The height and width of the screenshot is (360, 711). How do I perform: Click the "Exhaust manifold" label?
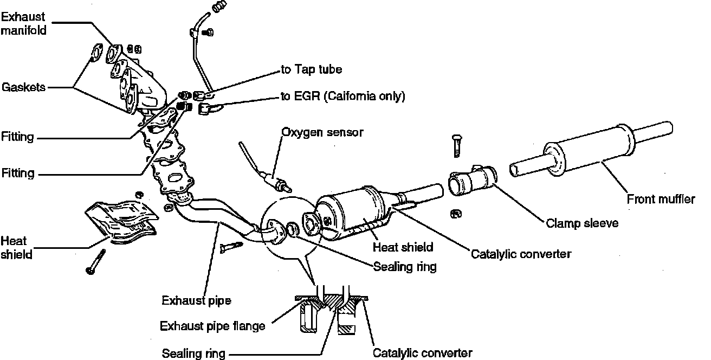pyautogui.click(x=23, y=23)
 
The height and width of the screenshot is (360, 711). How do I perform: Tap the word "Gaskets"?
pyautogui.click(x=23, y=87)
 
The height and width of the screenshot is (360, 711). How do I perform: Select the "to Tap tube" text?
pyautogui.click(x=312, y=69)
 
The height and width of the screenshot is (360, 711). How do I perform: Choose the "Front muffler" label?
pyautogui.click(x=661, y=199)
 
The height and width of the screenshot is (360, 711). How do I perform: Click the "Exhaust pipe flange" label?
pyautogui.click(x=212, y=326)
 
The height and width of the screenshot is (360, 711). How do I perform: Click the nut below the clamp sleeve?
pyautogui.click(x=456, y=213)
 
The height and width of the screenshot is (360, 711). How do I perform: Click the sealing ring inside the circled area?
pyautogui.click(x=292, y=230)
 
